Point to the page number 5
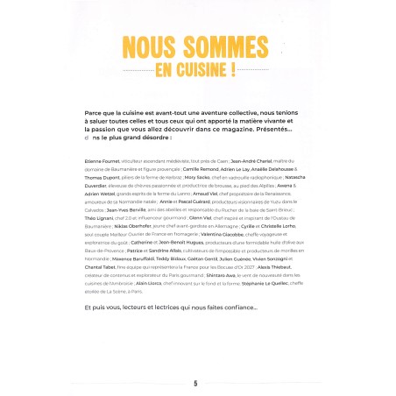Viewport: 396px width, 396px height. [196, 383]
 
